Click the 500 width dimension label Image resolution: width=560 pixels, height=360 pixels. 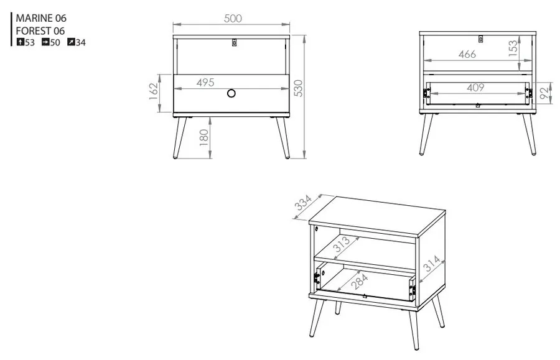pyautogui.click(x=233, y=18)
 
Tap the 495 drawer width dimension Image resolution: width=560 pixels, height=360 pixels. pyautogui.click(x=205, y=83)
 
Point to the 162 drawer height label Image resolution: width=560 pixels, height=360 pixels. pyautogui.click(x=154, y=91)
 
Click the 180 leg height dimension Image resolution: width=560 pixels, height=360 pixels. pyautogui.click(x=203, y=138)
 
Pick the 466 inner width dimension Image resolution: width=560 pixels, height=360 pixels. pyautogui.click(x=467, y=54)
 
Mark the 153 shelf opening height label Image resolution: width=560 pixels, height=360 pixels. pyautogui.click(x=513, y=48)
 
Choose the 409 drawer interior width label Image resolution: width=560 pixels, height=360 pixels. pyautogui.click(x=475, y=88)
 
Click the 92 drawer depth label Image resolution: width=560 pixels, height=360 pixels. pyautogui.click(x=545, y=93)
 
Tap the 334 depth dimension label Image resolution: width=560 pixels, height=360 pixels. pyautogui.click(x=303, y=202)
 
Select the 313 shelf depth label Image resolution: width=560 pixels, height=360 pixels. pyautogui.click(x=342, y=244)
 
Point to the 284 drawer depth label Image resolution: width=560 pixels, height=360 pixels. pyautogui.click(x=359, y=281)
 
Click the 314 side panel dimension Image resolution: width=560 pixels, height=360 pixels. pyautogui.click(x=432, y=263)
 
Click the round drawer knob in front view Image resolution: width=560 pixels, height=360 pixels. pyautogui.click(x=231, y=93)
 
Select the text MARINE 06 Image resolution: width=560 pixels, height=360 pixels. pyautogui.click(x=41, y=18)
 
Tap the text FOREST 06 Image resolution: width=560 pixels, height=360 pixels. pyautogui.click(x=40, y=30)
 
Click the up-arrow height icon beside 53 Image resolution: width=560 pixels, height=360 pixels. pyautogui.click(x=21, y=42)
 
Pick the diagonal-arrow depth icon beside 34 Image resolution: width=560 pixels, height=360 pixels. pyautogui.click(x=71, y=42)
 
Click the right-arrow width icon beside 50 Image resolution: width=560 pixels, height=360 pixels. pyautogui.click(x=45, y=42)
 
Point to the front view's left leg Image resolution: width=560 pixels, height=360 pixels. pyautogui.click(x=180, y=138)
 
